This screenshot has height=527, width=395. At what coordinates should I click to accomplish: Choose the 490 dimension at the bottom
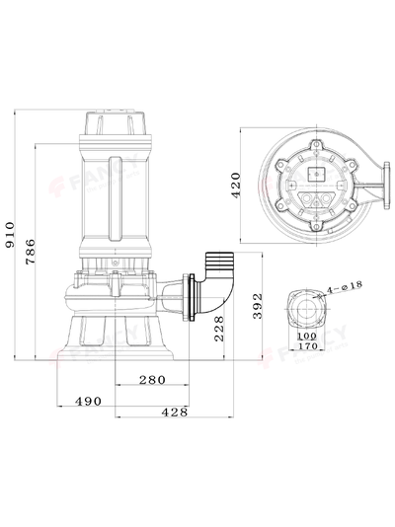[x=90, y=400]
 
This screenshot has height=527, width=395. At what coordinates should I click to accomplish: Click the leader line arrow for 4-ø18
[x=323, y=292]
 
